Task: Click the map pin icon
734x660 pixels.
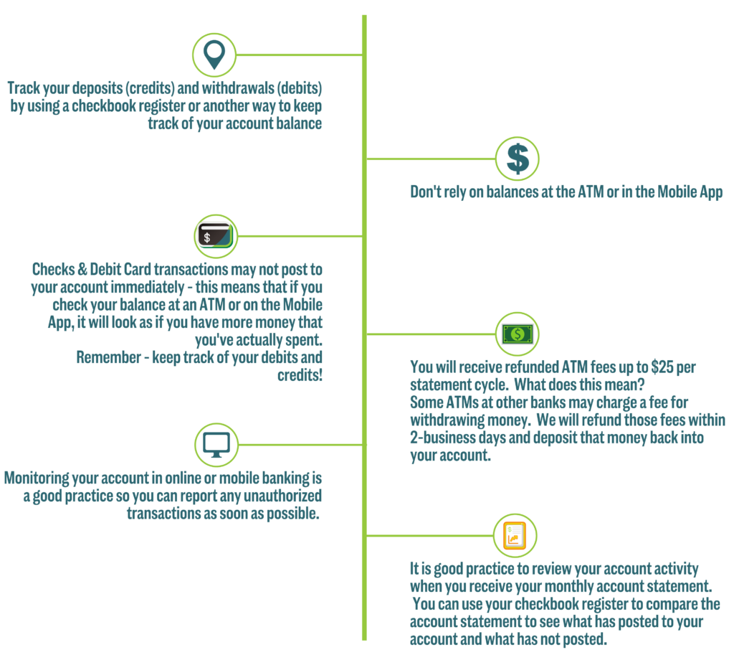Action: tap(214, 55)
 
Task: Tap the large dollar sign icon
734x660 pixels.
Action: tap(518, 159)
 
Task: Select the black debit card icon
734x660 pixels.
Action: tap(215, 235)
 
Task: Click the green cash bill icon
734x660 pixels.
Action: tap(518, 334)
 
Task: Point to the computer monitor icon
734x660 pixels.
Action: tap(216, 445)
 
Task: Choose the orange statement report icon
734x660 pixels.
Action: tap(515, 535)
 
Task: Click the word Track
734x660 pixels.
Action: tap(24, 88)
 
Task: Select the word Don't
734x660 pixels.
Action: tap(426, 192)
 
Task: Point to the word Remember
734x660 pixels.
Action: tap(109, 357)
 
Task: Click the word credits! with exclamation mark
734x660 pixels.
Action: tap(300, 375)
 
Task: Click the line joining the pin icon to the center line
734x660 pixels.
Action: tap(299, 55)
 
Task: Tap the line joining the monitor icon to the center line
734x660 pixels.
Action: tap(300, 445)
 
